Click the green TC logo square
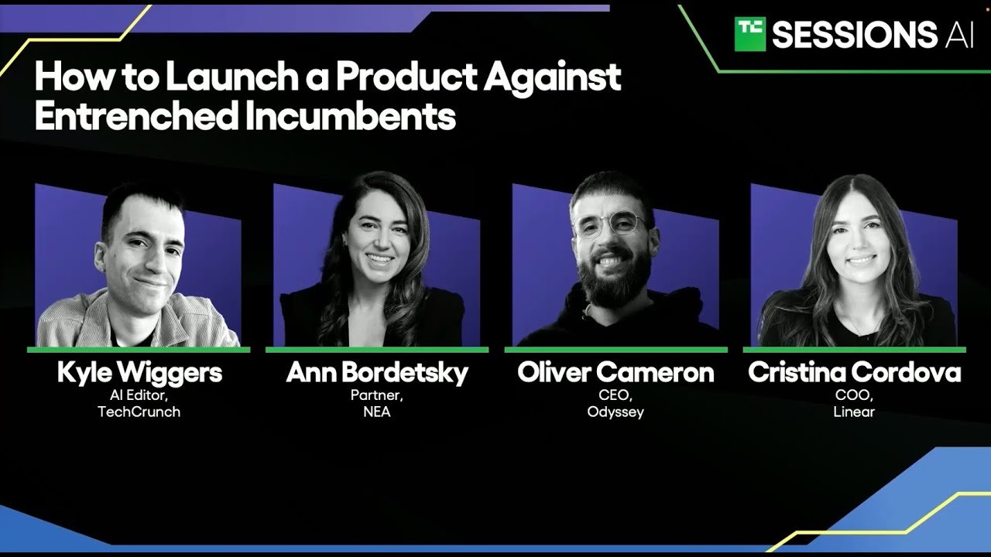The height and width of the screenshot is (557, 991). pos(750,34)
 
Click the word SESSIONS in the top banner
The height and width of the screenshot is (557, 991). pos(854,35)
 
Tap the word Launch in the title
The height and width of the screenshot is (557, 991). pos(232,77)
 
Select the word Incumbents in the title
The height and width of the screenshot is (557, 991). pos(350,115)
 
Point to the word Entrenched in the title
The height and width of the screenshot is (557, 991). pos(137,115)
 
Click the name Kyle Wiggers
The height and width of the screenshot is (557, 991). pos(139,373)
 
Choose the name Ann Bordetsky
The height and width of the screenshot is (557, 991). pos(377,373)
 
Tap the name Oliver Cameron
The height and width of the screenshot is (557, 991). pos(616,372)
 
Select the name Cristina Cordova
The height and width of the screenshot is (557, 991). pos(854,372)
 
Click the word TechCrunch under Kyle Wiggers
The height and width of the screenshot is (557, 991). pos(139,412)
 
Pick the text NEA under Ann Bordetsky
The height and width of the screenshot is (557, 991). pos(377,412)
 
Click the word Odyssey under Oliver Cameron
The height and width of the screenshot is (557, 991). pos(616,412)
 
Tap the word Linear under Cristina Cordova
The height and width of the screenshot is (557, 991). pos(854,412)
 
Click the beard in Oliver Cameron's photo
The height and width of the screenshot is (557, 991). pos(614,276)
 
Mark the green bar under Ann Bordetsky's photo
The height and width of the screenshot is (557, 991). pos(377,350)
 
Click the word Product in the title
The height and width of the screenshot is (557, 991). pos(406,77)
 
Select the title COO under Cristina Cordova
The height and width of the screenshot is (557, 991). pos(853,395)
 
